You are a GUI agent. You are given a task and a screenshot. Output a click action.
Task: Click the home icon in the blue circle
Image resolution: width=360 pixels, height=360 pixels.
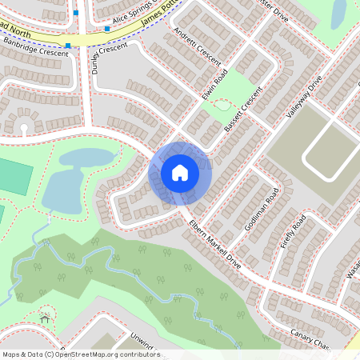180,173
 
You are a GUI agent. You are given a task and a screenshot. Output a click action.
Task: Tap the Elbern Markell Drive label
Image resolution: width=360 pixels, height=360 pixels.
214,239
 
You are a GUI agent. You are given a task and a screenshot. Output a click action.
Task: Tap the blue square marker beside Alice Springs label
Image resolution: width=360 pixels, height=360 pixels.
106,29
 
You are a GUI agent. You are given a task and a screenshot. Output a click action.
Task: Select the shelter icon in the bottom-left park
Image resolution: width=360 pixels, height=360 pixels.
45,318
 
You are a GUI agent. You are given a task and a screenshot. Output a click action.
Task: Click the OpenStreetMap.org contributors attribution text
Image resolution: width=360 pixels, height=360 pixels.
104,354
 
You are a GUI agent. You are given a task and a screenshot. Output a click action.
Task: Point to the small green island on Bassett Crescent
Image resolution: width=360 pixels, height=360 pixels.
223,105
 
